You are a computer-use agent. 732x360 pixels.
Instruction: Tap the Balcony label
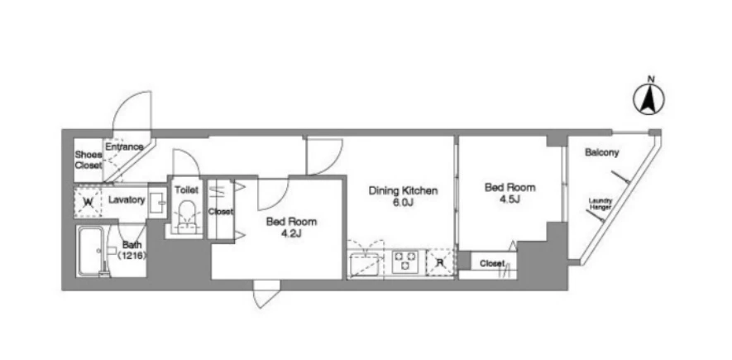[602, 152]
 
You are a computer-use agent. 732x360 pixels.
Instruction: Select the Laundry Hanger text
[600, 204]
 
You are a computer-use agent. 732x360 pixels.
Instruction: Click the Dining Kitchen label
[403, 190]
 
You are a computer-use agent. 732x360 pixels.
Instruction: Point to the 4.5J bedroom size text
[510, 199]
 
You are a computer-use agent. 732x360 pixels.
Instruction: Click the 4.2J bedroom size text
[291, 233]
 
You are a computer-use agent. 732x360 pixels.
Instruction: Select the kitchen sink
[366, 264]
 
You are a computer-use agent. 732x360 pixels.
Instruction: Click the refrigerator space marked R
[439, 262]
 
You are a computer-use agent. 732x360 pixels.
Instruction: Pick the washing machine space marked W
[88, 202]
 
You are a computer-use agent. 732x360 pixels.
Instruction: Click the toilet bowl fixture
[186, 216]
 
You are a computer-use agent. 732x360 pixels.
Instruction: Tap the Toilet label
[186, 190]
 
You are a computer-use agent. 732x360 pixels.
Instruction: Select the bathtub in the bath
[92, 252]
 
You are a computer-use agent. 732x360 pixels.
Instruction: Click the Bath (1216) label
[132, 250]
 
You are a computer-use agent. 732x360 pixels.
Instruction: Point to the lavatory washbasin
[158, 202]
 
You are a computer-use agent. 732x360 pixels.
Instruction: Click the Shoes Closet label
[89, 160]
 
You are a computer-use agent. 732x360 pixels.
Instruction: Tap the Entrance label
[124, 146]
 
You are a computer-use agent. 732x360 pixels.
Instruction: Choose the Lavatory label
[127, 199]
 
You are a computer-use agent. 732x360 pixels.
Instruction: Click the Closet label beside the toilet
[220, 212]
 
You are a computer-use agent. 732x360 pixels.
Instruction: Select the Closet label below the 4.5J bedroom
[492, 264]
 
